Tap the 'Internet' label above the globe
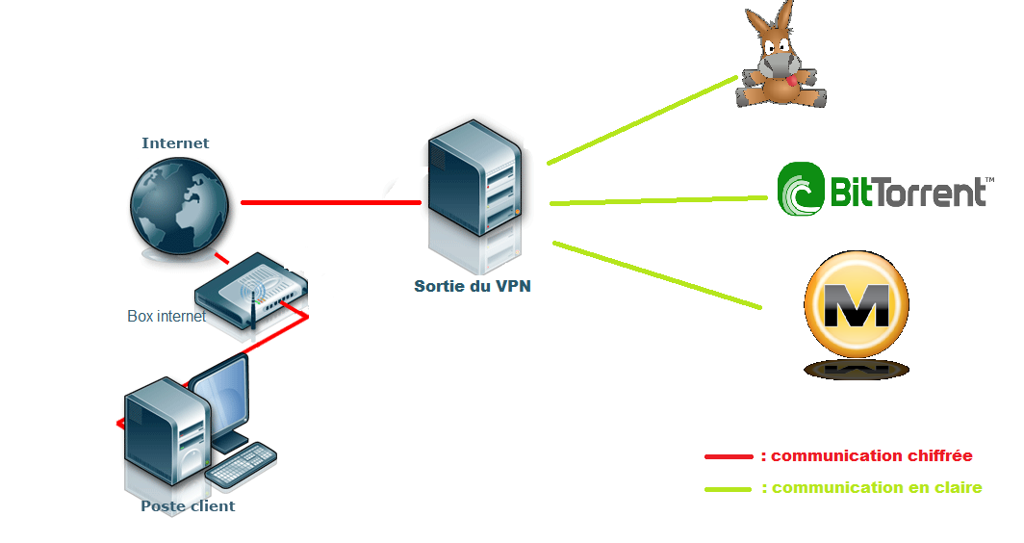point(175,143)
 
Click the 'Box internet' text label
point(166,316)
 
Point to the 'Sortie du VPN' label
point(472,286)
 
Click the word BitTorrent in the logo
point(908,192)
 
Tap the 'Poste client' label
point(188,506)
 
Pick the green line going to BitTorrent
point(658,200)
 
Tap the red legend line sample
point(729,456)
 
